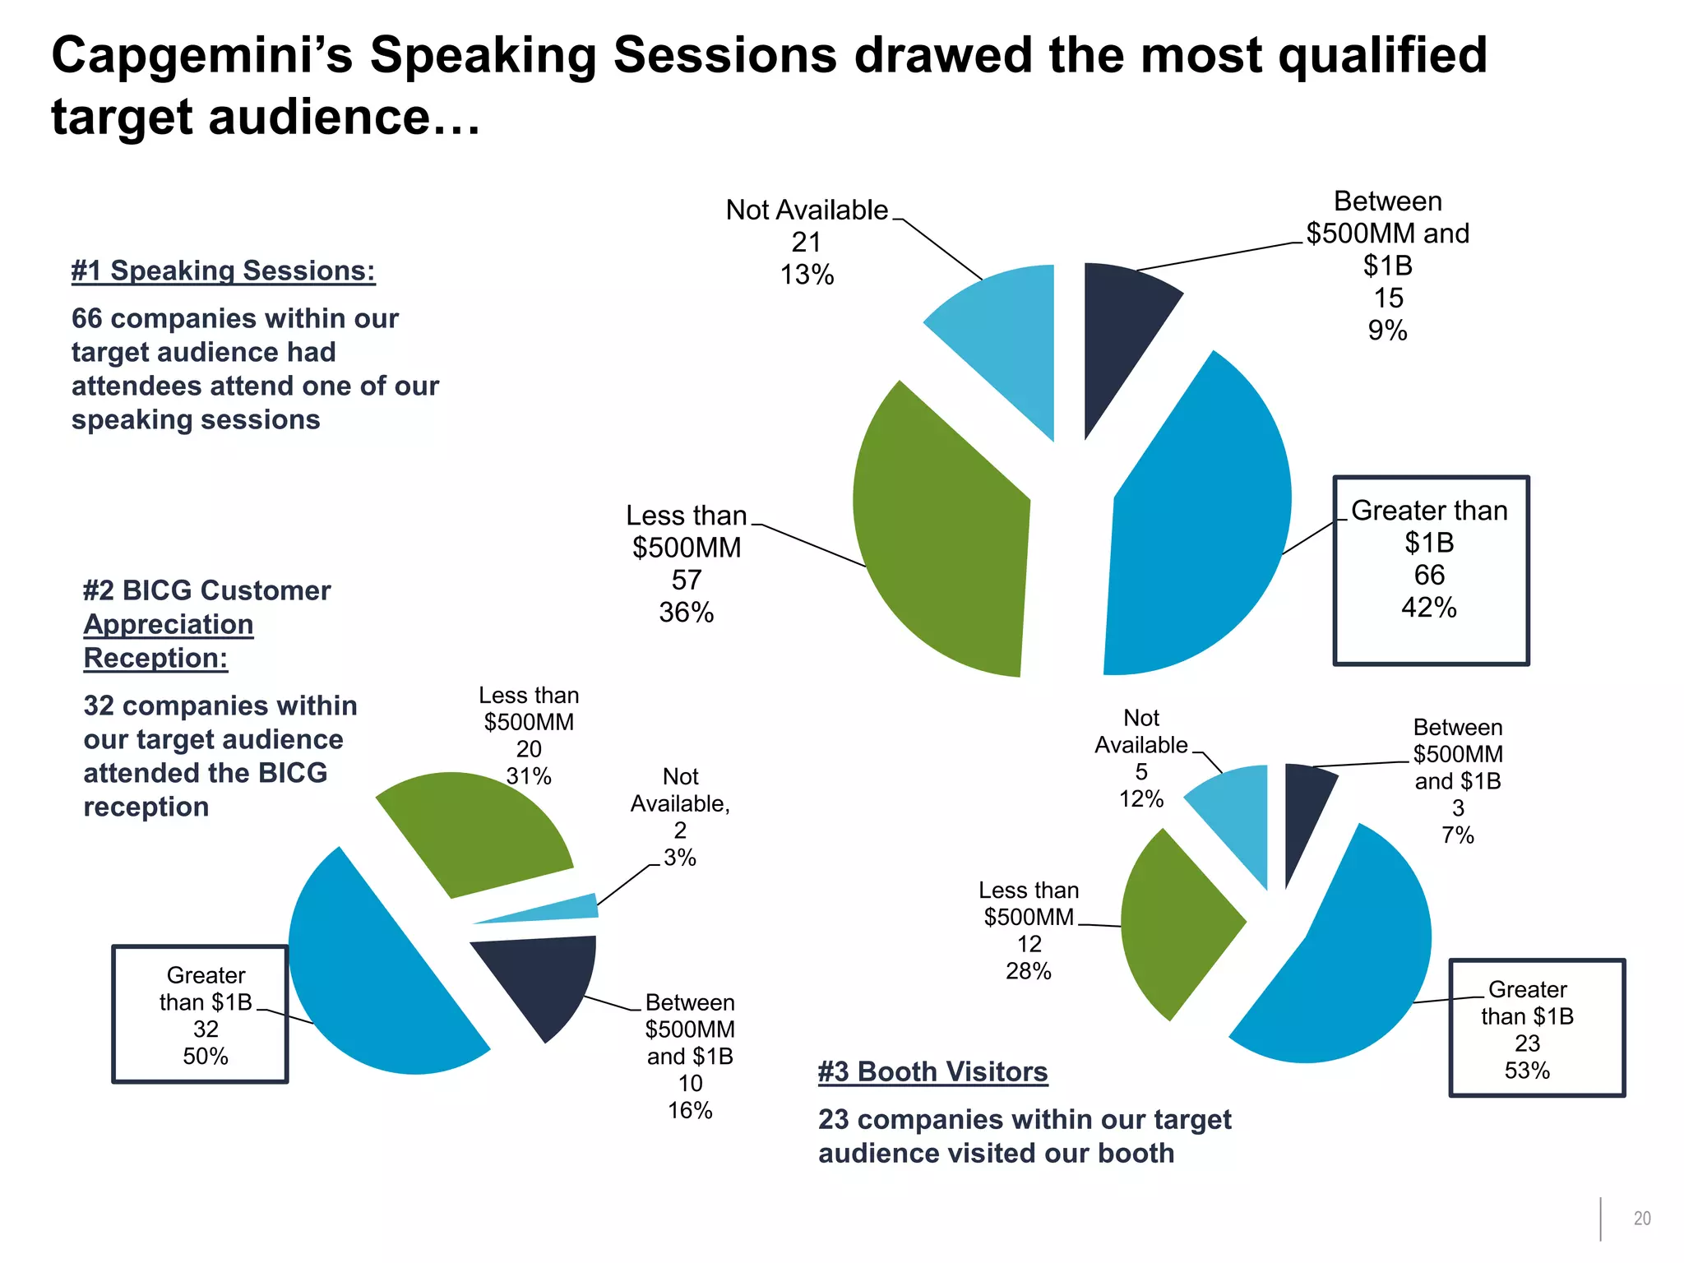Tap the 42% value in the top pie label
point(1429,608)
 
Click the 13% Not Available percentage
point(807,275)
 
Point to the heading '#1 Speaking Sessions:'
point(223,271)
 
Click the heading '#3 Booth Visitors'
point(932,1071)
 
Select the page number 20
point(1641,1219)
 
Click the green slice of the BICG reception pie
point(473,830)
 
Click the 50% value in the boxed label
point(206,1056)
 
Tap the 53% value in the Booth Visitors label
point(1527,1070)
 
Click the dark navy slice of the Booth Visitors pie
point(1303,806)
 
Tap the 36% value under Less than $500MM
point(686,613)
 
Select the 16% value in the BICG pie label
point(690,1110)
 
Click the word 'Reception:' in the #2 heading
point(155,658)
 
